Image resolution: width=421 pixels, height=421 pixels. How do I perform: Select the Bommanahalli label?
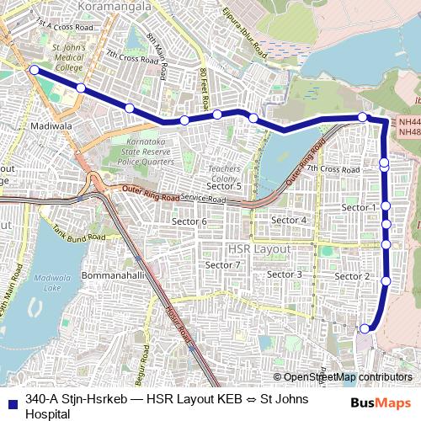tap(115, 275)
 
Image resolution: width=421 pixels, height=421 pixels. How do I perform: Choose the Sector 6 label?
tap(189, 221)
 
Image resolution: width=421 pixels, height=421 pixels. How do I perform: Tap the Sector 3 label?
tap(285, 274)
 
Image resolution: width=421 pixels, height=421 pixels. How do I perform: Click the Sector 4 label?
tap(289, 220)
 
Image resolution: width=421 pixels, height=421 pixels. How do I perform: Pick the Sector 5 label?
tap(225, 186)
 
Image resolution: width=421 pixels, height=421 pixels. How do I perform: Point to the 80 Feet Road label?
tap(203, 84)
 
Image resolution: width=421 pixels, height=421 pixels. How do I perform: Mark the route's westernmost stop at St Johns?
tap(34, 70)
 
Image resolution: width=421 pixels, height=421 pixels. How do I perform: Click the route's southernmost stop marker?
tap(365, 328)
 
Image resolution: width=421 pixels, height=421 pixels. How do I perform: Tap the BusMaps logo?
tap(381, 403)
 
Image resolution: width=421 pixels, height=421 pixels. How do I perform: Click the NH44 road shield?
tap(409, 122)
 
